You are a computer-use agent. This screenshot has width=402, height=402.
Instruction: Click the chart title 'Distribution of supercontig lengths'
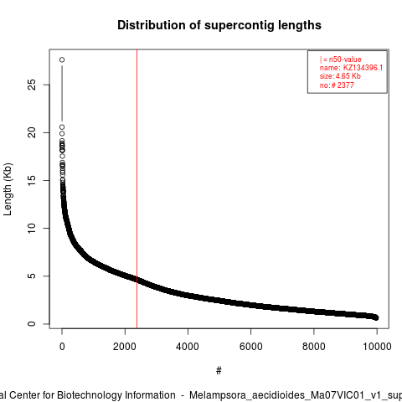tap(219, 25)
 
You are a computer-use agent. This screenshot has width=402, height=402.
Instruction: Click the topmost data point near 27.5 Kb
tap(62, 59)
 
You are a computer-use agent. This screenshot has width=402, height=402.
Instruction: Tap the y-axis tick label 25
tap(32, 85)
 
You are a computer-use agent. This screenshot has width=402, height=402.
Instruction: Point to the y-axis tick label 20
tap(32, 132)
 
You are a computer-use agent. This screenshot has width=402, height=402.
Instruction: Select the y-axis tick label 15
tap(32, 180)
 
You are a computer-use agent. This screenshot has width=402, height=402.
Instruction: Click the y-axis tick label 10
tap(32, 228)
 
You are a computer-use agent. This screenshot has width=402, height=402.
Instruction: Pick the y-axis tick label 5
tap(32, 276)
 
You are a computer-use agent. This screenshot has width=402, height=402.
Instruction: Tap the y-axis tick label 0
tap(32, 324)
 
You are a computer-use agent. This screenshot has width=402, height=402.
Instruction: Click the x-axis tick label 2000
tap(125, 347)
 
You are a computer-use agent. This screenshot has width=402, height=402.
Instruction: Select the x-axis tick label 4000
tap(188, 347)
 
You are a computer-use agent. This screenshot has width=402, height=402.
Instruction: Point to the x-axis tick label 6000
tap(250, 347)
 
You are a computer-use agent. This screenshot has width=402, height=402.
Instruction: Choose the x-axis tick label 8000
tap(314, 347)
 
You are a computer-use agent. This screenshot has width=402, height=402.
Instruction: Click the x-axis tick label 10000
tap(377, 347)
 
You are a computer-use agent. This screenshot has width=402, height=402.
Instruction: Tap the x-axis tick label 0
tap(62, 347)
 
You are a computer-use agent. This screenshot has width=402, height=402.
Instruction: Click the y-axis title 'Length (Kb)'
tap(8, 189)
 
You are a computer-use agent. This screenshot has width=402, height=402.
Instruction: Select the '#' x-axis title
tap(219, 371)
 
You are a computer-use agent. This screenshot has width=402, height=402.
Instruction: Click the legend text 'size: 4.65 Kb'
tap(340, 76)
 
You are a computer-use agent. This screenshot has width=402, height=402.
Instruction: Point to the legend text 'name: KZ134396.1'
tap(351, 68)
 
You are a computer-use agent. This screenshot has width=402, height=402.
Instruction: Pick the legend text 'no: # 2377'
tap(337, 85)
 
